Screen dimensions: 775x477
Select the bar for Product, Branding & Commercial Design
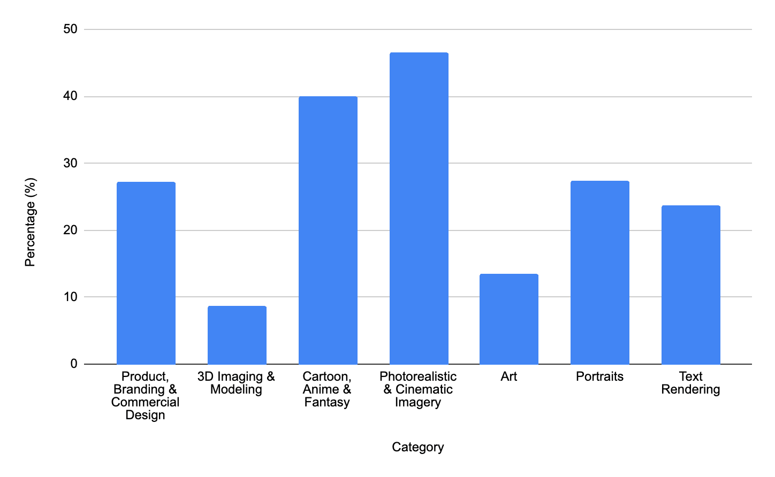tap(146, 273)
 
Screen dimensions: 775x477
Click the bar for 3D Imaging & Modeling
tap(237, 335)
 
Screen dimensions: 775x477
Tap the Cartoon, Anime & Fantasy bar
tap(328, 230)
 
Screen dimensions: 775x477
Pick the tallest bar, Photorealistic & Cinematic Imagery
tap(419, 209)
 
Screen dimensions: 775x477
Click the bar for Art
tap(509, 319)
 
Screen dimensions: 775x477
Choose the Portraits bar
tap(600, 272)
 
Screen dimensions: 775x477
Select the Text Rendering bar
tap(691, 285)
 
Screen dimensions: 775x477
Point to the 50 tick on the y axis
tap(70, 29)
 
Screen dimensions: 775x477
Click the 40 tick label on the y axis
tap(70, 96)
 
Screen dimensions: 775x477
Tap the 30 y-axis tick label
tap(70, 163)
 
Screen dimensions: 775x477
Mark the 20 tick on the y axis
tap(70, 230)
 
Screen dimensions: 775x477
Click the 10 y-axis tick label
tap(70, 297)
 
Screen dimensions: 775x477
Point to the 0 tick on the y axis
tap(74, 364)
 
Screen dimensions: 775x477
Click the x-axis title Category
tap(417, 447)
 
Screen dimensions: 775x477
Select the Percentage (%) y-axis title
tap(31, 222)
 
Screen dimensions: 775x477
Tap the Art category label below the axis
tap(508, 376)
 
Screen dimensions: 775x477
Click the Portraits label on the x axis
tap(599, 376)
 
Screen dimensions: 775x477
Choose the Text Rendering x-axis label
tap(690, 383)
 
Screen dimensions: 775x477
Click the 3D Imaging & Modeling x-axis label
tap(236, 383)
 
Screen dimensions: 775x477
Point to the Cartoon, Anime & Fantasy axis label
tap(327, 389)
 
